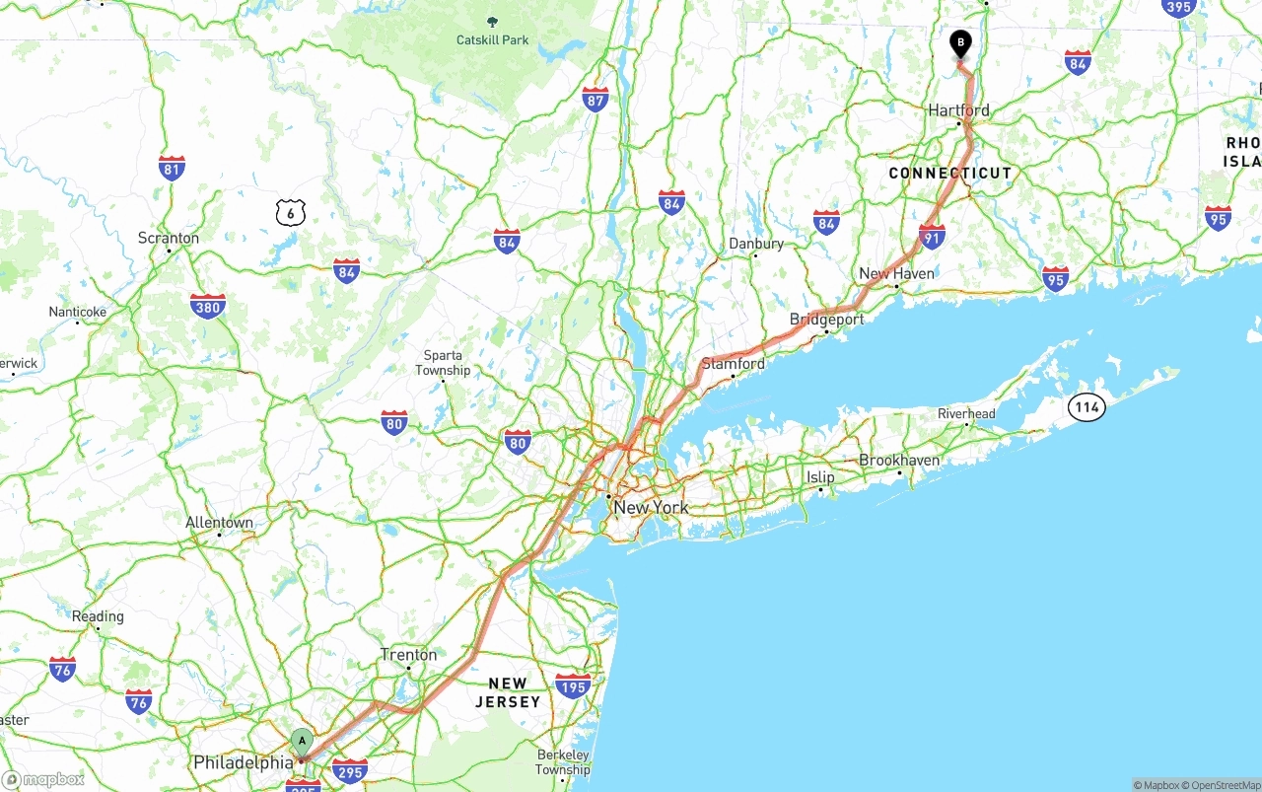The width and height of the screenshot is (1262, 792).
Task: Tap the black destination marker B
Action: [960, 43]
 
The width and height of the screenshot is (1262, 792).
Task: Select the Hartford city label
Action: [958, 110]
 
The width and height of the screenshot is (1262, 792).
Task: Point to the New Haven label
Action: [896, 273]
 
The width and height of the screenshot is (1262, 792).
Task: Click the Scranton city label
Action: [169, 238]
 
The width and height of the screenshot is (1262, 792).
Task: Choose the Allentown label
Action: [219, 523]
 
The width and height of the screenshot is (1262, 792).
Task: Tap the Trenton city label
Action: [408, 655]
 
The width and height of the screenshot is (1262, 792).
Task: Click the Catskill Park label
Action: [492, 40]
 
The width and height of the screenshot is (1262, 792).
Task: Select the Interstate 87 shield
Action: [595, 99]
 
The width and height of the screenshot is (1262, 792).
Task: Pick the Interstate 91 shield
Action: [932, 236]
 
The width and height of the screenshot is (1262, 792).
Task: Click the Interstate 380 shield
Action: [207, 306]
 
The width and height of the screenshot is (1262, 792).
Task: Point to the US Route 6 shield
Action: [291, 211]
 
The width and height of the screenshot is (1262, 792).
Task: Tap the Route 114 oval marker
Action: [1087, 406]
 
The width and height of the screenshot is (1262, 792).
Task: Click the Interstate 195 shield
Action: [573, 685]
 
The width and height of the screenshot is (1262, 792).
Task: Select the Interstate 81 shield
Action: [172, 168]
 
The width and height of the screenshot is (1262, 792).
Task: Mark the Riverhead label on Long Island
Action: [966, 413]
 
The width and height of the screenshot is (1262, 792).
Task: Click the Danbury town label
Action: [755, 244]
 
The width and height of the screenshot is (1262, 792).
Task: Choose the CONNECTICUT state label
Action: [949, 174]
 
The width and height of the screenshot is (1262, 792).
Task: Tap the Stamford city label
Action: [733, 364]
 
